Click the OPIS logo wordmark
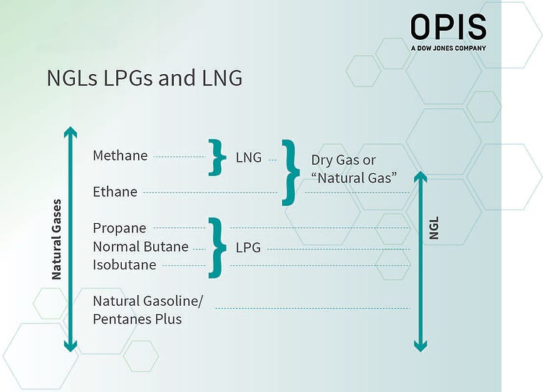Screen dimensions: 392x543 pos(448,28)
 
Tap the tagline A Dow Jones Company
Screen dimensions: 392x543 pos(448,48)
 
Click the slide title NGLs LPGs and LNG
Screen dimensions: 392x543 pos(145,78)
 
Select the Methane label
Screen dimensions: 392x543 pos(120,155)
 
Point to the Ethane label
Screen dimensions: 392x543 pos(115,192)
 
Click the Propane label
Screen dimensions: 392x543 pos(119,228)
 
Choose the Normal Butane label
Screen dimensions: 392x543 pos(140,247)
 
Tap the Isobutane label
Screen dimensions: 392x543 pos(124,265)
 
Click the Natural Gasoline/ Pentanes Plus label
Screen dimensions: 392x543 pos(148,310)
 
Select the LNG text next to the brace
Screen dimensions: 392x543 pos(249,158)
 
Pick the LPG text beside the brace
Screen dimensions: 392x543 pos(248,248)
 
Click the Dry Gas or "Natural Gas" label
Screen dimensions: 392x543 pos(353,169)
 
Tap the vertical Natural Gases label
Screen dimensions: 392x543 pos(57,239)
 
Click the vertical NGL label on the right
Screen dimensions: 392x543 pos(434,228)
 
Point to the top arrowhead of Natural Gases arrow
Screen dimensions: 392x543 pos(70,132)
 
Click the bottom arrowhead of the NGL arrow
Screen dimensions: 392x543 pos(420,346)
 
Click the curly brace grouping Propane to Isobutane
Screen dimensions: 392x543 pos(216,247)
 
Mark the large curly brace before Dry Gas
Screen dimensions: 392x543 pos(290,172)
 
